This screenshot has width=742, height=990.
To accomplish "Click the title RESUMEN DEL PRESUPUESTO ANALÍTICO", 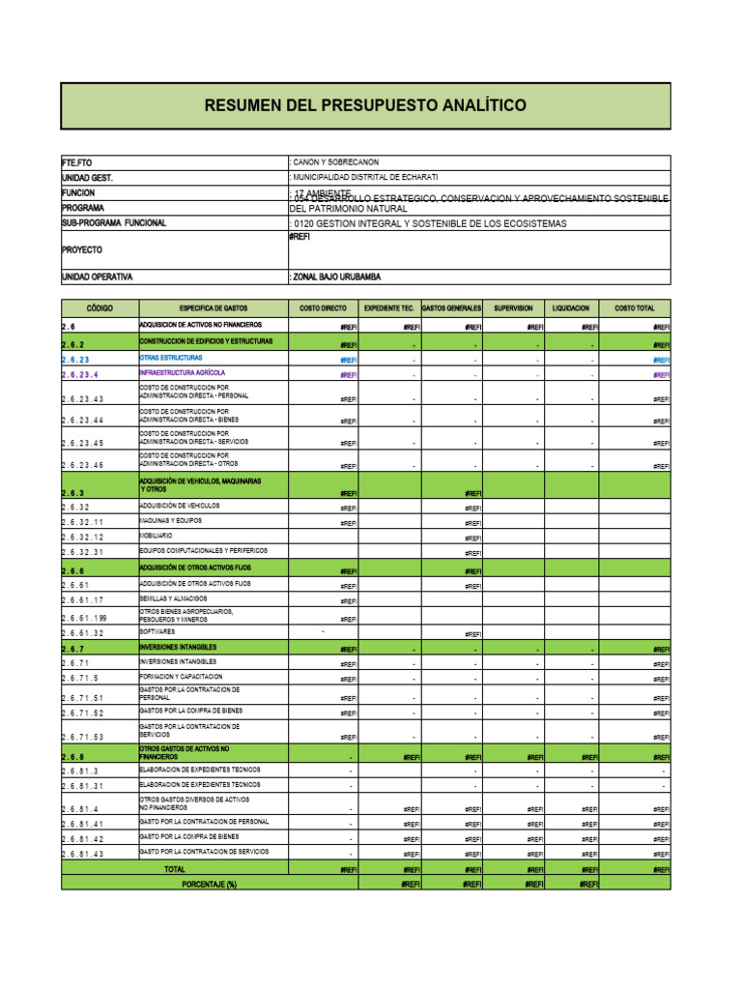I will click(365, 105).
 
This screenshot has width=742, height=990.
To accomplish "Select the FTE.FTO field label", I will click(76, 162).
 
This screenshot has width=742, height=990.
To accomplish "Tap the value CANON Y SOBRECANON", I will click(335, 162).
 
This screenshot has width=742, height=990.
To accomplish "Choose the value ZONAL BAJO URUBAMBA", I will click(335, 277).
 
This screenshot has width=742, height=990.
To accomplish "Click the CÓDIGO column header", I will click(100, 307).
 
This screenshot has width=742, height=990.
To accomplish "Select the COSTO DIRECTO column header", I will click(322, 307).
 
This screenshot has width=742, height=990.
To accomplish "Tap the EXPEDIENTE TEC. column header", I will click(388, 307).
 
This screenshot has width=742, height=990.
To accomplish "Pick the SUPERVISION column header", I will click(512, 307).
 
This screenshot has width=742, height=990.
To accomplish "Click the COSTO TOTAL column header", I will click(634, 307).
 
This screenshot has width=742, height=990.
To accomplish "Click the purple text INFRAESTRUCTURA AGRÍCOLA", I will click(183, 372).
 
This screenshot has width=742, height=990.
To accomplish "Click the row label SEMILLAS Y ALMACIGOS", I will click(179, 598).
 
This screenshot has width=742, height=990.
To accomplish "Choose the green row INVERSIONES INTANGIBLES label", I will click(178, 647).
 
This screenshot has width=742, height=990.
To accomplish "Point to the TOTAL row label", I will click(175, 869).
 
